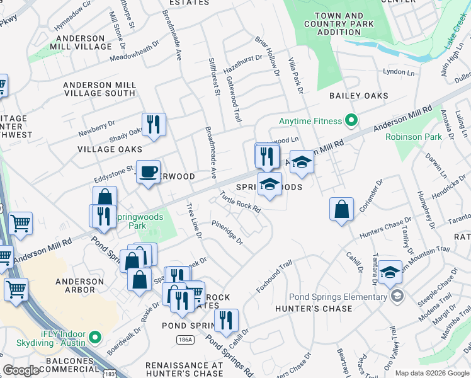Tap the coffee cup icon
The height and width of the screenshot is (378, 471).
(149, 171)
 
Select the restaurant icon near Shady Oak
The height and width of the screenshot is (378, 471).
(154, 125)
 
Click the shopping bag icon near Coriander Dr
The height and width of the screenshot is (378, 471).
(341, 209)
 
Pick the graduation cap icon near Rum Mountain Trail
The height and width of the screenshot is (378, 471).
(390, 272)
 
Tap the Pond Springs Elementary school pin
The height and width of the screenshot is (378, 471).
(397, 296)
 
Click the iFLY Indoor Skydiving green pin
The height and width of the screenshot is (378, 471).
(96, 338)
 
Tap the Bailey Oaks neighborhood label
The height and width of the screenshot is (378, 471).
(358, 96)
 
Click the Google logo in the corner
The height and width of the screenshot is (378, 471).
(21, 370)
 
